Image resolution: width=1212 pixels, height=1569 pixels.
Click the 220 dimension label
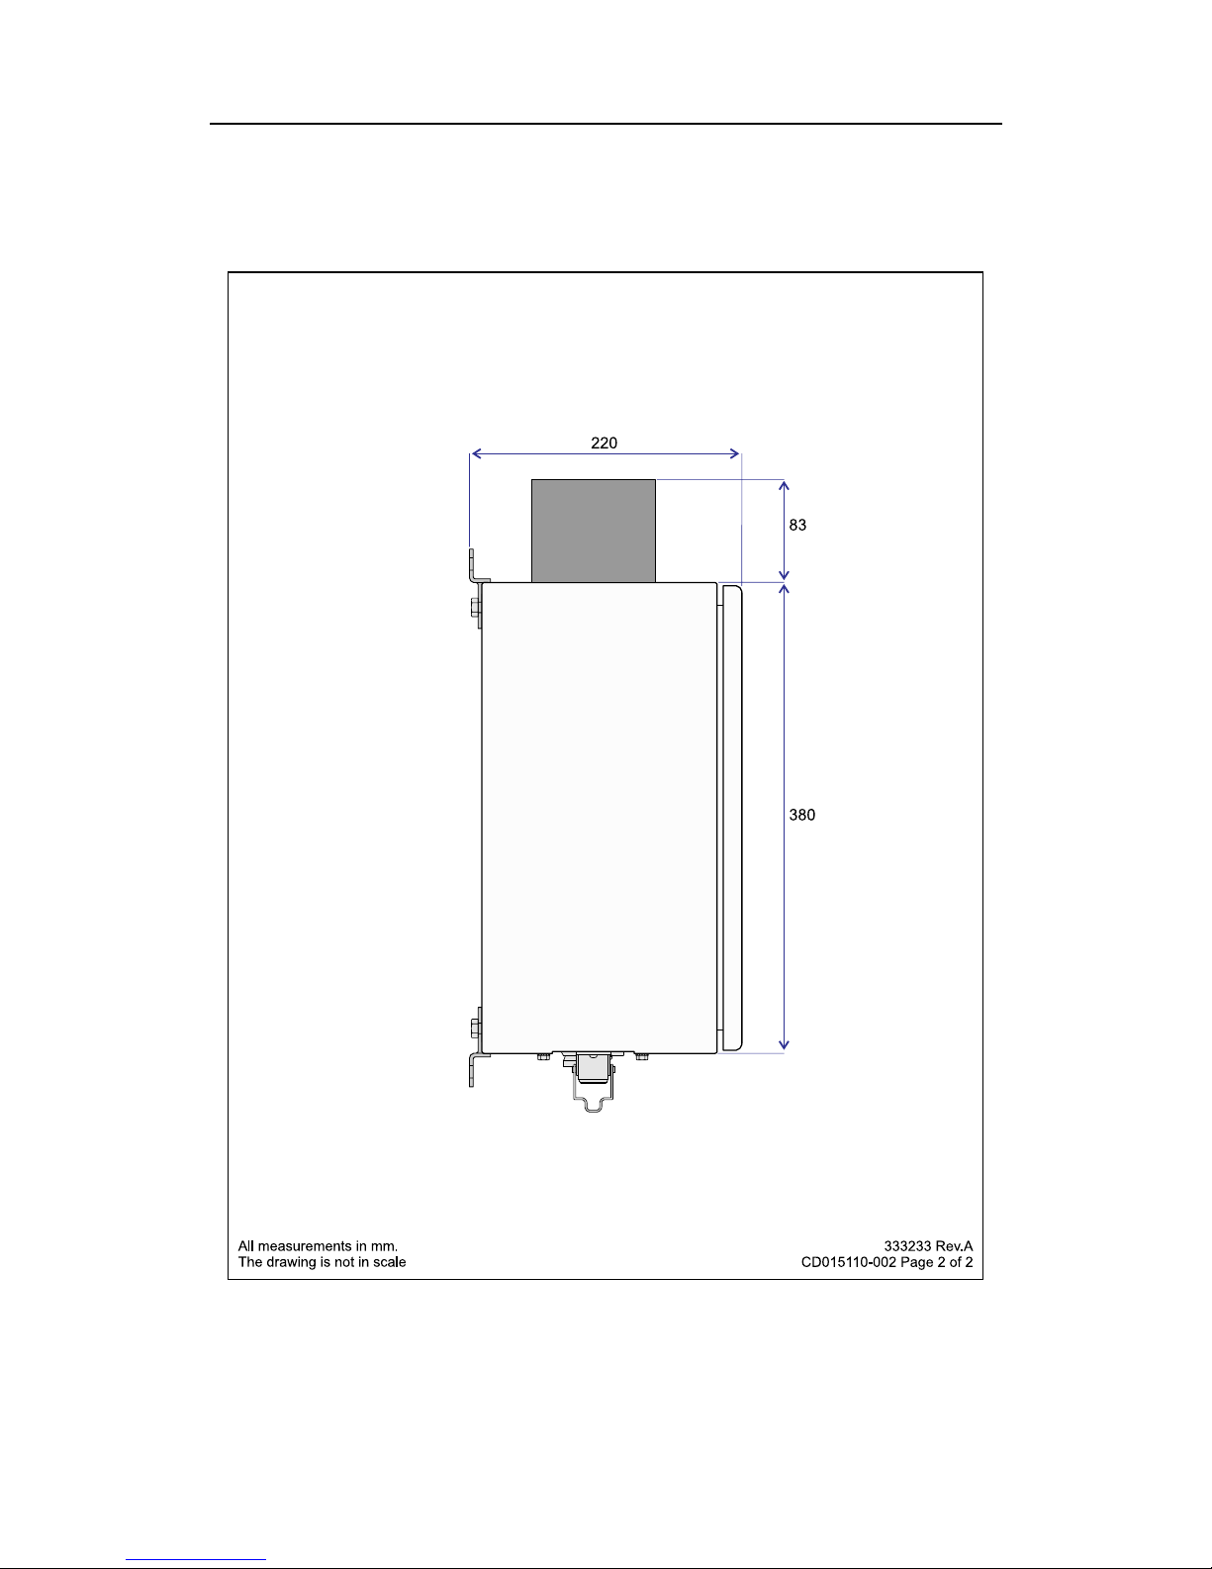(x=604, y=442)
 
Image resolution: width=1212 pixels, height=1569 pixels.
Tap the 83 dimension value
(x=797, y=525)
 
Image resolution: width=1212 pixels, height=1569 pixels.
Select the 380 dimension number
(x=801, y=815)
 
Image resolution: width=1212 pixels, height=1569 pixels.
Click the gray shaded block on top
(x=593, y=531)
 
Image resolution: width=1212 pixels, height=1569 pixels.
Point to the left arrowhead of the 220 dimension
(x=476, y=454)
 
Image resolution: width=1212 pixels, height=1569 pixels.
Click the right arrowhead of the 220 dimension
(x=734, y=454)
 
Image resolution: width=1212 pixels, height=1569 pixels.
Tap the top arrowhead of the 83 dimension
(x=785, y=485)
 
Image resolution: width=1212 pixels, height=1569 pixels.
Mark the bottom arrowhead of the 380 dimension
(x=785, y=1044)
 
